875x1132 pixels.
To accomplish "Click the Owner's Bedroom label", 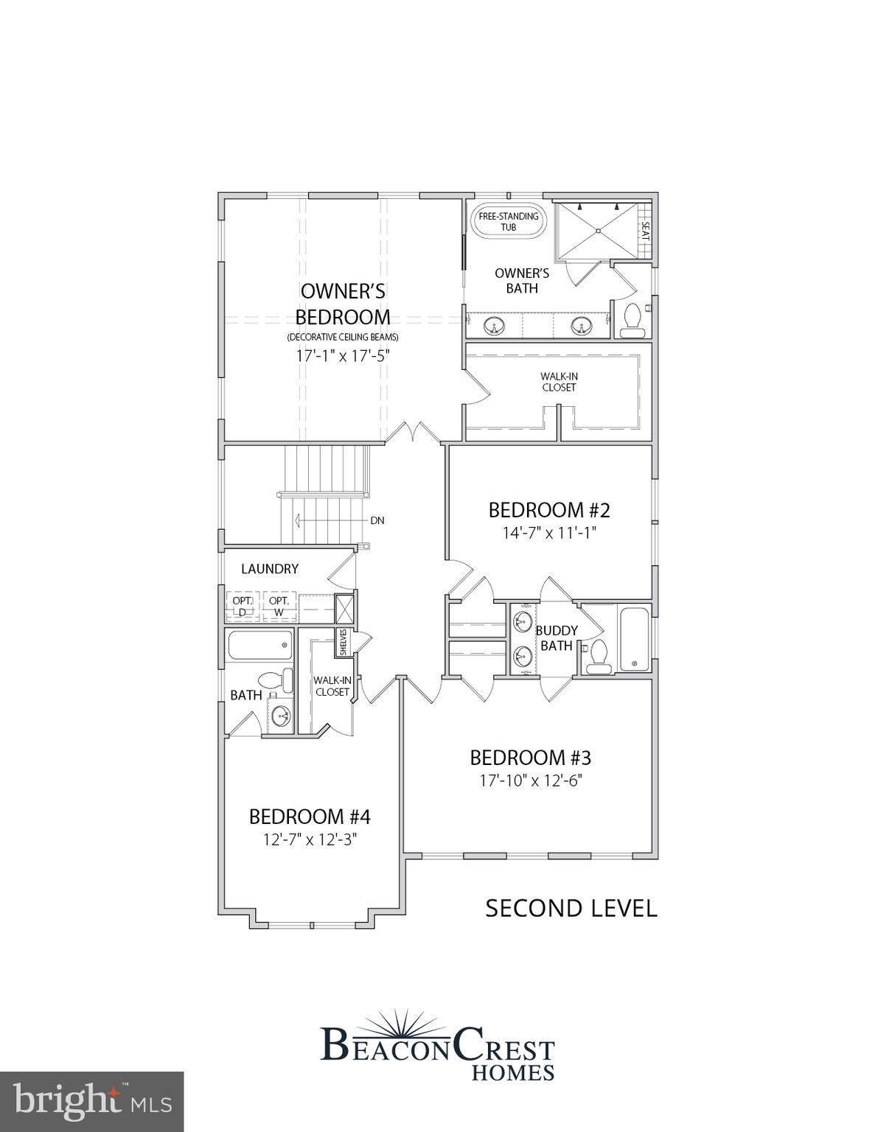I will pyautogui.click(x=343, y=304).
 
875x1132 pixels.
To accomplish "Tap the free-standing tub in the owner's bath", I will pyautogui.click(x=509, y=221).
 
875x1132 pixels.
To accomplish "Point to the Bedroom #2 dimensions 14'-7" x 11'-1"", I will pyautogui.click(x=549, y=532).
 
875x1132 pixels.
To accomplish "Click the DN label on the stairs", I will pyautogui.click(x=377, y=520).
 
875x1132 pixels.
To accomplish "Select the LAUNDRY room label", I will pyautogui.click(x=270, y=569).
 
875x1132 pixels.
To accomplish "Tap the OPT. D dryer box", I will pyautogui.click(x=243, y=606).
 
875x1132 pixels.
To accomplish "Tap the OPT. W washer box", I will pyautogui.click(x=279, y=606).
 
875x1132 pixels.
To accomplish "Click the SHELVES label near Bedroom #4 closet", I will pyautogui.click(x=344, y=642).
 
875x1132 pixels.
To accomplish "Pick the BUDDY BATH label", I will pyautogui.click(x=557, y=638).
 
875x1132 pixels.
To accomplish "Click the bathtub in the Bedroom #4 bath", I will pyautogui.click(x=259, y=645).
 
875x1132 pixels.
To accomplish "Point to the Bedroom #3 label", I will pyautogui.click(x=531, y=758).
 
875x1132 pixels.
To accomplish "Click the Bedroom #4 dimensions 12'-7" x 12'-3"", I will pyautogui.click(x=310, y=839).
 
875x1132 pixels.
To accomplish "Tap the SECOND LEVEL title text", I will pyautogui.click(x=571, y=908).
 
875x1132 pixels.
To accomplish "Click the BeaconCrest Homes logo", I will pyautogui.click(x=438, y=1047).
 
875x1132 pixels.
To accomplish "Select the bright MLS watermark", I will pyautogui.click(x=91, y=1101).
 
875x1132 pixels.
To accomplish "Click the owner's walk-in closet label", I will pyautogui.click(x=559, y=382).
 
